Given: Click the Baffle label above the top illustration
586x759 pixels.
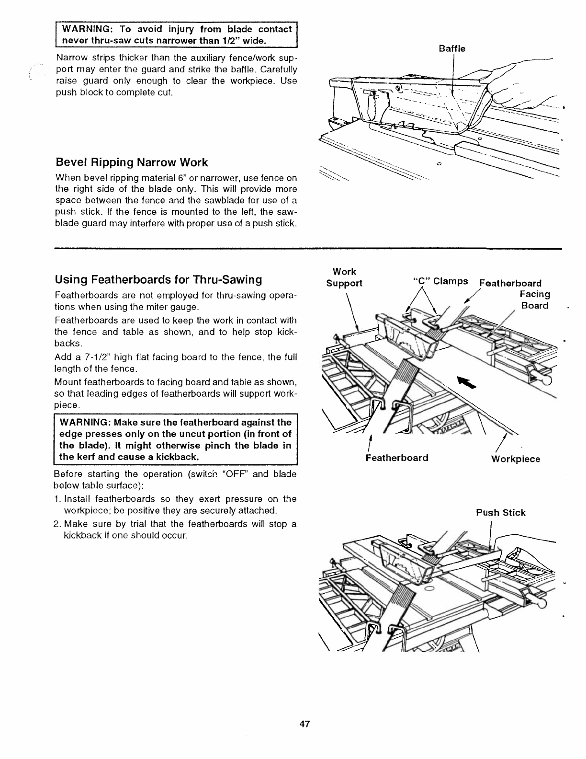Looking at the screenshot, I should (x=452, y=48).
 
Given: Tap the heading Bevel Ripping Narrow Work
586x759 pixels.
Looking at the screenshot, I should (x=132, y=162).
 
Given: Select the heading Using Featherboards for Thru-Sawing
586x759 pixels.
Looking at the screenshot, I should (x=158, y=279).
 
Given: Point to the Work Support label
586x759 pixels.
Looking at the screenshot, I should (x=344, y=277).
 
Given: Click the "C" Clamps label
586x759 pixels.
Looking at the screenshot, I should (x=440, y=281).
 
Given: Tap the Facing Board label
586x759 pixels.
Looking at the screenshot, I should (x=535, y=299).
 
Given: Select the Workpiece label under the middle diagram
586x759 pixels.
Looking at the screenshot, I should (x=515, y=459).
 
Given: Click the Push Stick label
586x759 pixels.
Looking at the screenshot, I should (x=500, y=513).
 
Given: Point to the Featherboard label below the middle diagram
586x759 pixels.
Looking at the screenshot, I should (x=396, y=458).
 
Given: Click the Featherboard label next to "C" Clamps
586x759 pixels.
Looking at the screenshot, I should (x=510, y=283).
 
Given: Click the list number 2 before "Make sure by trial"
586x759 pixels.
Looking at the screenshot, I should (x=58, y=524).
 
